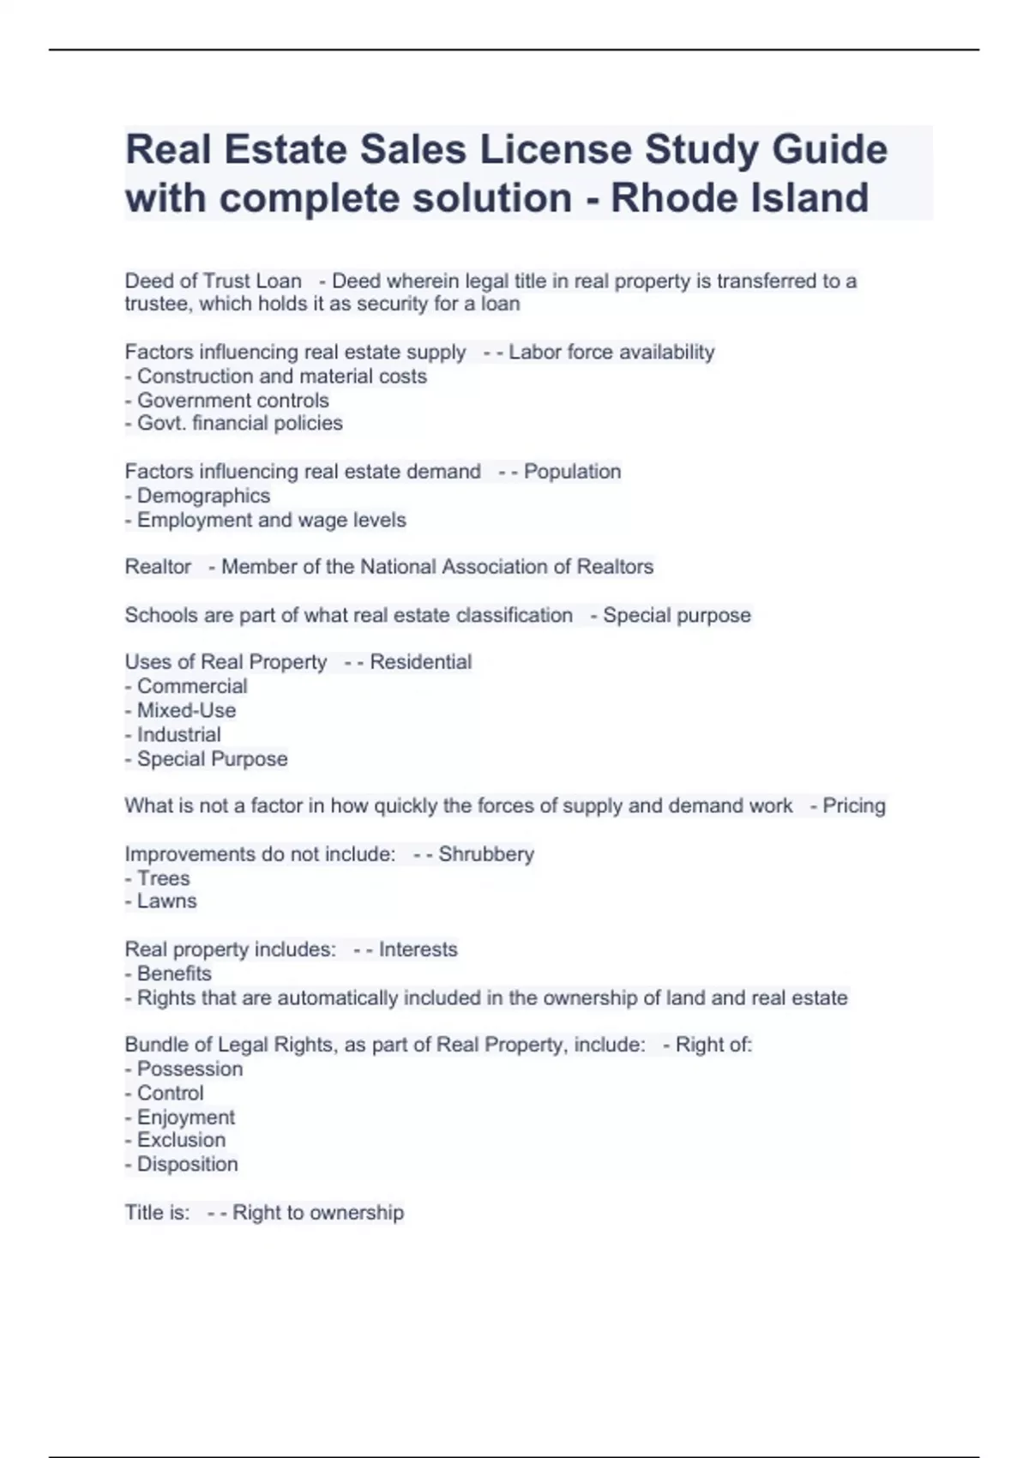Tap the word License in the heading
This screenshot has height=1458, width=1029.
[x=553, y=149]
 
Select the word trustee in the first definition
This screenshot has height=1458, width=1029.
[x=158, y=304]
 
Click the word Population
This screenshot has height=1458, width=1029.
[x=572, y=472]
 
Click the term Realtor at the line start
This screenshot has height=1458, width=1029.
[x=158, y=567]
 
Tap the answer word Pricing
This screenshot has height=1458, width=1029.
[x=853, y=806]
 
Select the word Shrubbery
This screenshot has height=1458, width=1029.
[x=486, y=854]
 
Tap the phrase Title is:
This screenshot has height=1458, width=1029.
[x=157, y=1213]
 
